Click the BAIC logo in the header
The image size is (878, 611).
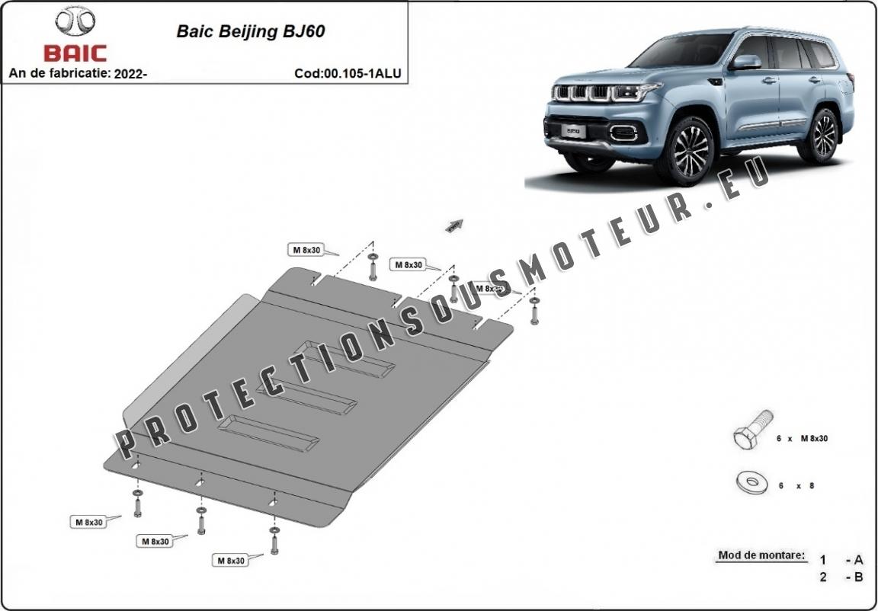75,35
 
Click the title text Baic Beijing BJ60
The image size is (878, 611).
251,32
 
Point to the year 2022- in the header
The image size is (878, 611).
130,74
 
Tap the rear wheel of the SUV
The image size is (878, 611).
823,135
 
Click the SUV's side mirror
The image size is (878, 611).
748,62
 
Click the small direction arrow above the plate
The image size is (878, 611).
454,224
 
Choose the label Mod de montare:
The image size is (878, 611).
761,555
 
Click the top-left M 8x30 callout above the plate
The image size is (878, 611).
306,250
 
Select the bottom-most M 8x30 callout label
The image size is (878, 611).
231,561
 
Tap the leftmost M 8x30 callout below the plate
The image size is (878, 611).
88,522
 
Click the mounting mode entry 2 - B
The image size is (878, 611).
841,577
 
